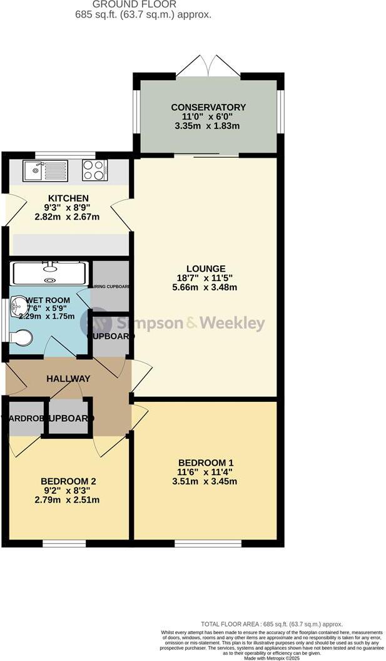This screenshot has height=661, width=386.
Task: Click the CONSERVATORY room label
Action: [x=208, y=107]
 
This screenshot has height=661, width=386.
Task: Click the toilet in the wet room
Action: [x=21, y=338]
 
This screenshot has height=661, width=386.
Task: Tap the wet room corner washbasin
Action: [x=19, y=306]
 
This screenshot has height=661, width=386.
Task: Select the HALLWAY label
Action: [x=68, y=379]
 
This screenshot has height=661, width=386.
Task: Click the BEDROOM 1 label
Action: [x=206, y=464]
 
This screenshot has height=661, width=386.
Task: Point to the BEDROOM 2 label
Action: [x=68, y=481]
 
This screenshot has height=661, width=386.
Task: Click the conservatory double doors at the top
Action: [x=210, y=65]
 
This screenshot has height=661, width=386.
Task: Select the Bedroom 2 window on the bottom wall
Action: [x=64, y=543]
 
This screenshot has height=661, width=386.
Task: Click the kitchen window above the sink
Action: [x=65, y=155]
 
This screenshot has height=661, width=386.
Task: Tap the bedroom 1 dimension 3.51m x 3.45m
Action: [x=206, y=481]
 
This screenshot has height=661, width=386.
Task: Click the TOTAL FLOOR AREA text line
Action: [x=271, y=624]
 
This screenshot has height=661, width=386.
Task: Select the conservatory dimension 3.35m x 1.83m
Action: [x=208, y=126]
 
